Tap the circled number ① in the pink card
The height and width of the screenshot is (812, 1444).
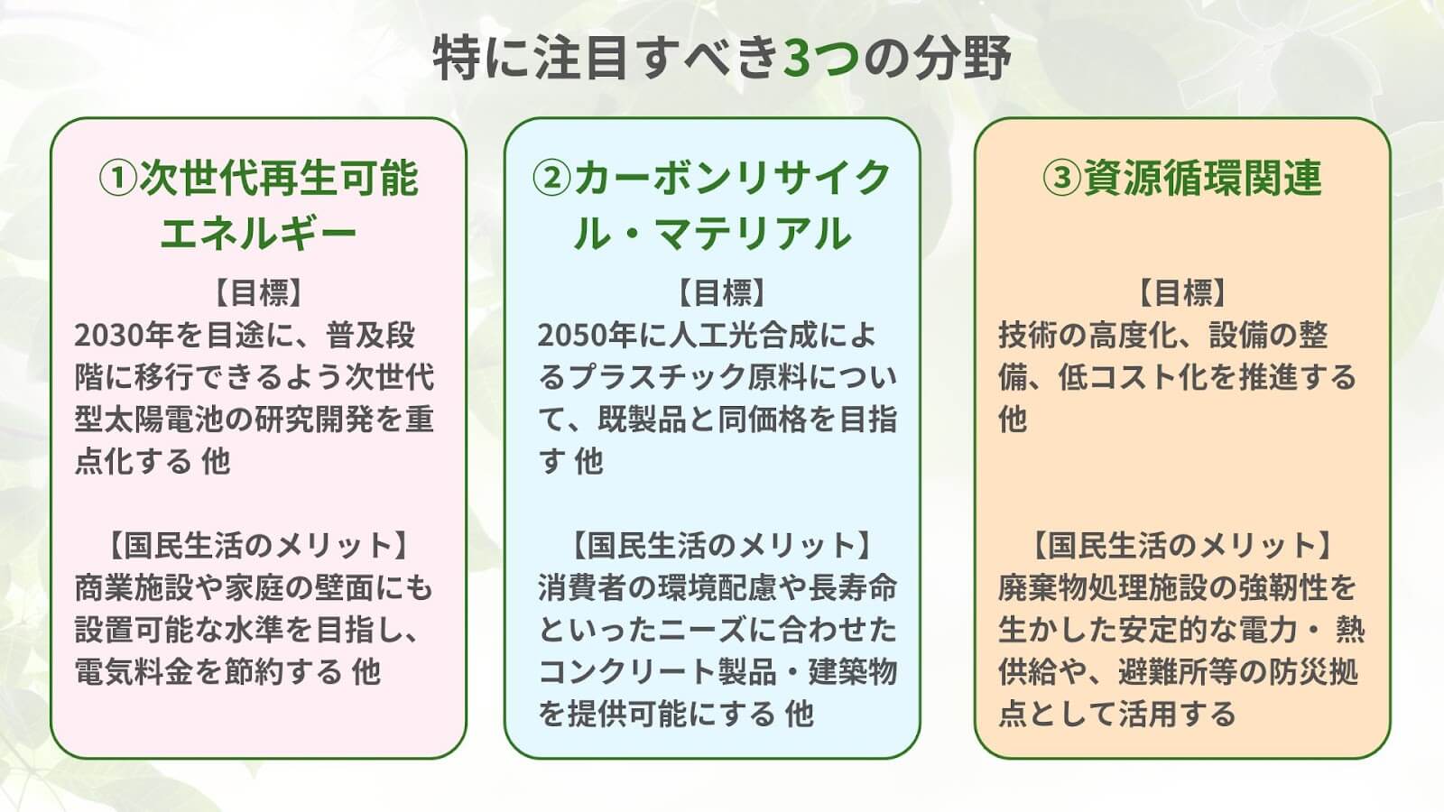pos(118,179)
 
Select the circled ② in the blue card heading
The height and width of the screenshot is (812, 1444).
pos(551,179)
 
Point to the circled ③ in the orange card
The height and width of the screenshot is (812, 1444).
pos(1061,179)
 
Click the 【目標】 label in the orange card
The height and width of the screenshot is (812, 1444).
pos(1182,293)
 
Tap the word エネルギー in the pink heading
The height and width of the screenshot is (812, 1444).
pos(258,234)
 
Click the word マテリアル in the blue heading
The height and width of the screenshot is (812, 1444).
pos(754,234)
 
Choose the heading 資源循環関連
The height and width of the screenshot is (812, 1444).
pos(1203,179)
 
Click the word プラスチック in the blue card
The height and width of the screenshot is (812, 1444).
pos(657,378)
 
